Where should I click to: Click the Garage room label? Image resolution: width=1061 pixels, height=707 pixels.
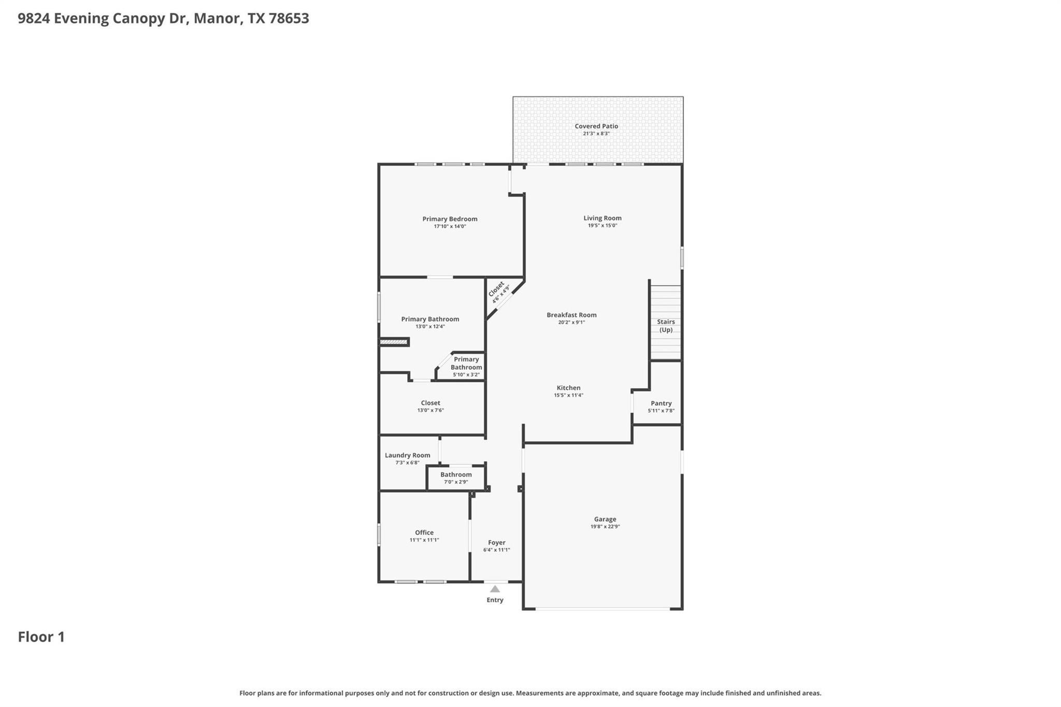pos(605,519)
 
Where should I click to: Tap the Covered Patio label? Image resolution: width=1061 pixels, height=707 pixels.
pos(596,126)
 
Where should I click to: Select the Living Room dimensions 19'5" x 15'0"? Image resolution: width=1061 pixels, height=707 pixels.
pos(602,226)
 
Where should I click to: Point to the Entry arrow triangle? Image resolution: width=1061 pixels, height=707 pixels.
pos(495,589)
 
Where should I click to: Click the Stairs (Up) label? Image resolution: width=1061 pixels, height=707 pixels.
pos(666,325)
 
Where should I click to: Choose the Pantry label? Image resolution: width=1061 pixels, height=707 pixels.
pos(661,403)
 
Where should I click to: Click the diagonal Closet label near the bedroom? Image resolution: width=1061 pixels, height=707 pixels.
pos(496,289)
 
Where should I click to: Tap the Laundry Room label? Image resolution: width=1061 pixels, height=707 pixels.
pos(407,455)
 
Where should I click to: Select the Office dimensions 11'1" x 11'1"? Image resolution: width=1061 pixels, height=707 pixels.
pos(424,540)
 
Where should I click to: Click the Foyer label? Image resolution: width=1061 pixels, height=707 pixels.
pos(496,542)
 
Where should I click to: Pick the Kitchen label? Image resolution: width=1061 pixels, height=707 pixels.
pos(568,387)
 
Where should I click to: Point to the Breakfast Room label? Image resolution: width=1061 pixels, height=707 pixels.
pos(571,315)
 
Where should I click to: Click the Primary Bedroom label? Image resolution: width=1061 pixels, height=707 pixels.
pos(450,219)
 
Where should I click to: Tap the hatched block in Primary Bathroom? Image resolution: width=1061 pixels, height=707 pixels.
pos(394,342)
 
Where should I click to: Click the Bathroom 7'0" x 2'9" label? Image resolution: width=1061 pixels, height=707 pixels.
pos(456,474)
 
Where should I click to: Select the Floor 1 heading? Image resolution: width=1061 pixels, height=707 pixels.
pos(41,637)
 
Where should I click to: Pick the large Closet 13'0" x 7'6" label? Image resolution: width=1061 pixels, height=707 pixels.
pos(430,403)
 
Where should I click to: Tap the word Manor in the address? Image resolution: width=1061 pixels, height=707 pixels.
pos(217,19)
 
